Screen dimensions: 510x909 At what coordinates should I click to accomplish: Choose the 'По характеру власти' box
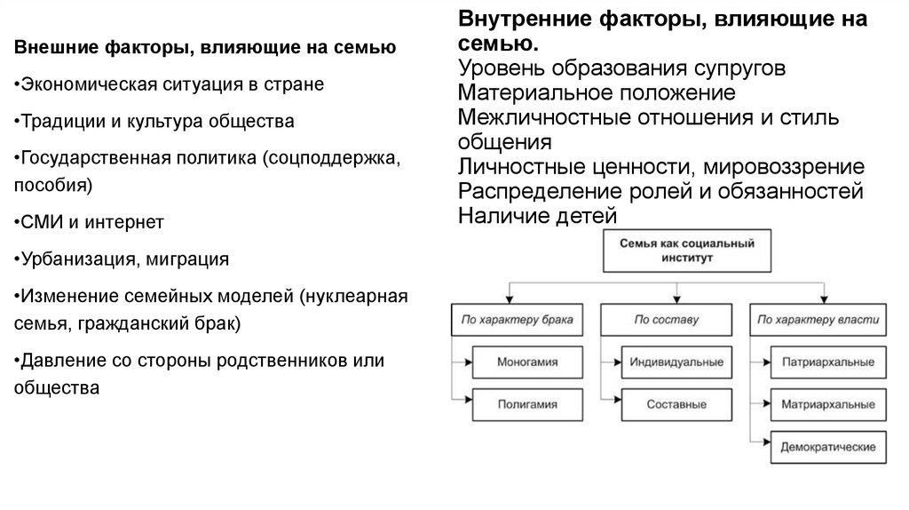tap(821, 318)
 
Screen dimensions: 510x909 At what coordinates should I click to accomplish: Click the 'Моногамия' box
tap(527, 363)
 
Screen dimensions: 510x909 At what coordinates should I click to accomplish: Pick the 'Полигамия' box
tap(527, 403)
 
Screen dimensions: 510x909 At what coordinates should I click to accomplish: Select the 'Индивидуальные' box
tap(676, 363)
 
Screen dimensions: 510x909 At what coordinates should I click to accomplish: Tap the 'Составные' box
tap(676, 403)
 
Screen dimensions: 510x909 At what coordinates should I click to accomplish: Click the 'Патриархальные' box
tap(828, 363)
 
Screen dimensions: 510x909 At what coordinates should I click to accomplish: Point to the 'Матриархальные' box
tap(828, 403)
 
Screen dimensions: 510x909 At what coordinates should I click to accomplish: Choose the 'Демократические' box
tap(828, 444)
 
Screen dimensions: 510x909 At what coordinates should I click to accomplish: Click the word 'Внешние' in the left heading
tap(50, 46)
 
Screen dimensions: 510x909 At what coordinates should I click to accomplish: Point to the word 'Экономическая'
tap(83, 84)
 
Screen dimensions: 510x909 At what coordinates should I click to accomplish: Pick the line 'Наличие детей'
tap(537, 215)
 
